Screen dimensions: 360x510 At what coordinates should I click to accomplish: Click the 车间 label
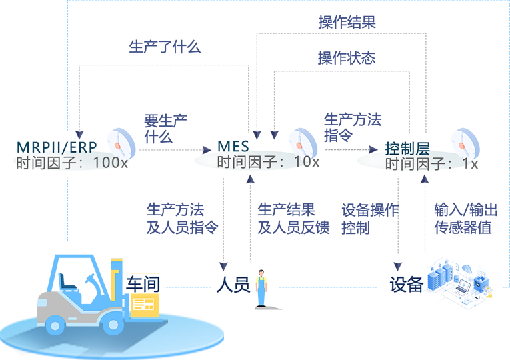point(143,283)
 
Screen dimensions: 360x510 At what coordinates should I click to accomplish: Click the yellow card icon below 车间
point(143,305)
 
